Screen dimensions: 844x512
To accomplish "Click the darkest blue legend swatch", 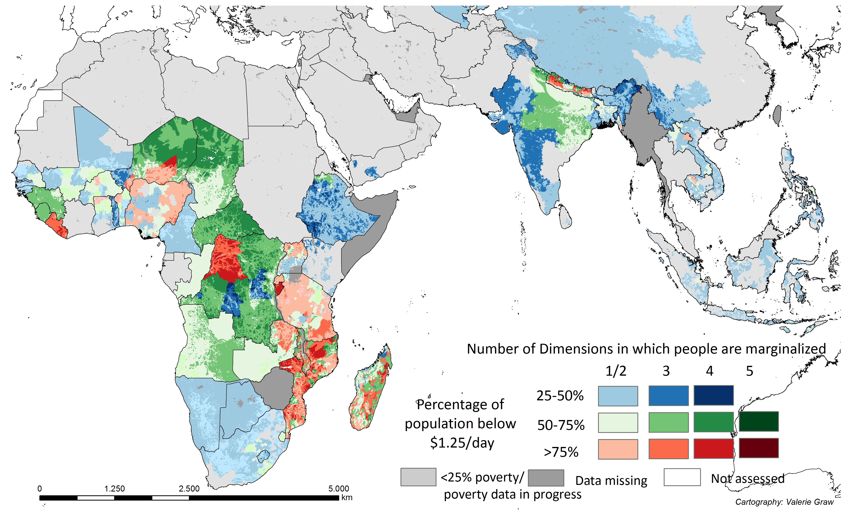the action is pyautogui.click(x=714, y=395).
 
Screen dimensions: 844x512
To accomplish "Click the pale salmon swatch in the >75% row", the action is pyautogui.click(x=618, y=449).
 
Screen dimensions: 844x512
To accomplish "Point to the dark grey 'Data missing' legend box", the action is pyautogui.click(x=546, y=478).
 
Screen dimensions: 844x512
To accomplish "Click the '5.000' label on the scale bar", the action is pyautogui.click(x=339, y=488).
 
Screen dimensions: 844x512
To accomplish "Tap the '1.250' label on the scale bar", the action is pyautogui.click(x=114, y=488).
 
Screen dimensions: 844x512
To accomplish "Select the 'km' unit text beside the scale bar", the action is pyautogui.click(x=347, y=497).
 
